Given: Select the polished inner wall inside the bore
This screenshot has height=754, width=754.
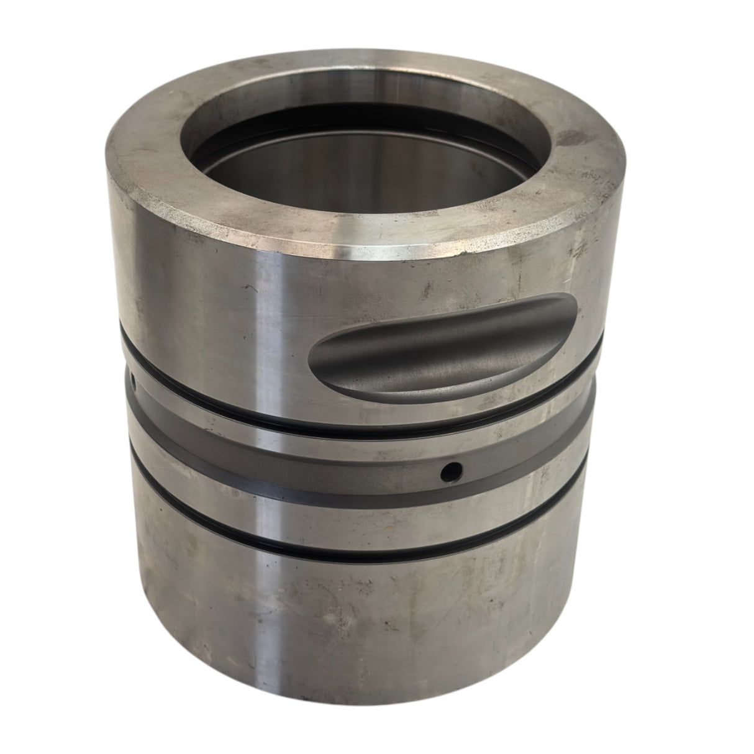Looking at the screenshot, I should [348, 186].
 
